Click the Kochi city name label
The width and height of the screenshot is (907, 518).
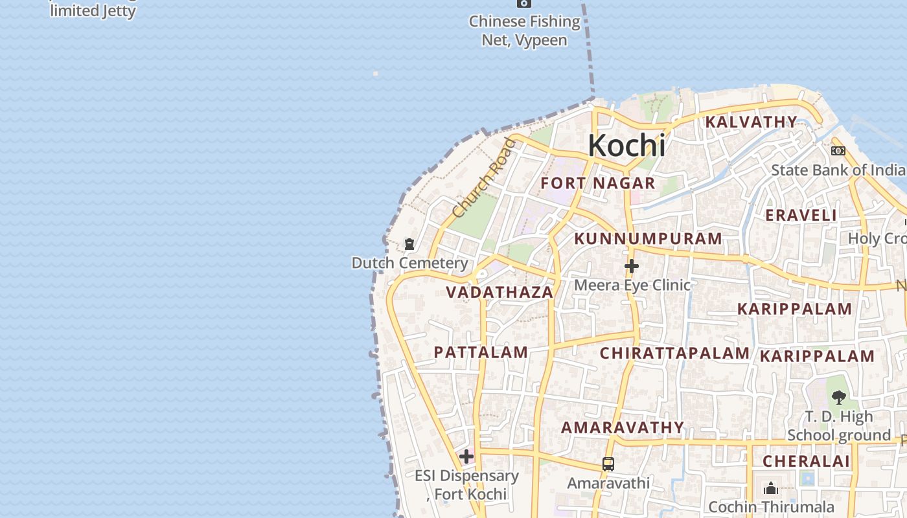[626, 146]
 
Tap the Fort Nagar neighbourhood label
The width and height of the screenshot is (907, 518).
[598, 183]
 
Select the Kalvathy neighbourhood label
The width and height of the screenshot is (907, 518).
[751, 122]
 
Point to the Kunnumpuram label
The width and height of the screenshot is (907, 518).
[648, 238]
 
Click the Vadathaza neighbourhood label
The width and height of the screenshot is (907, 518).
[499, 292]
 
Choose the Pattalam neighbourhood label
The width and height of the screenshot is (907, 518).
[481, 352]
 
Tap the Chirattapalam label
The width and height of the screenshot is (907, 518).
[674, 353]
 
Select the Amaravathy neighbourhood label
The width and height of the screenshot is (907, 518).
[622, 427]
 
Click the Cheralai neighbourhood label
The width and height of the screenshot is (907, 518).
[806, 461]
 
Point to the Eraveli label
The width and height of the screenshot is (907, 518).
[801, 215]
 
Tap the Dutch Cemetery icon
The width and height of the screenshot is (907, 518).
[409, 244]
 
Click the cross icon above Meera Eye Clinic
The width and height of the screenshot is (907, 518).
[632, 266]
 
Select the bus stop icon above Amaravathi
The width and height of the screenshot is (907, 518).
[608, 464]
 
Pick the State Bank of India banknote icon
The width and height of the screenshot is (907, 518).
[838, 151]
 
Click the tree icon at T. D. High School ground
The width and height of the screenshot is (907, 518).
[839, 397]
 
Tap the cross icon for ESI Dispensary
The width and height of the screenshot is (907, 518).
[466, 456]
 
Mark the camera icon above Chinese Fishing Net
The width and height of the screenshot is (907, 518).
[524, 3]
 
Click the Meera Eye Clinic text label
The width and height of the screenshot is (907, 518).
[632, 285]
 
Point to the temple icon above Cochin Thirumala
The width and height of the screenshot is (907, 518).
[771, 488]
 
